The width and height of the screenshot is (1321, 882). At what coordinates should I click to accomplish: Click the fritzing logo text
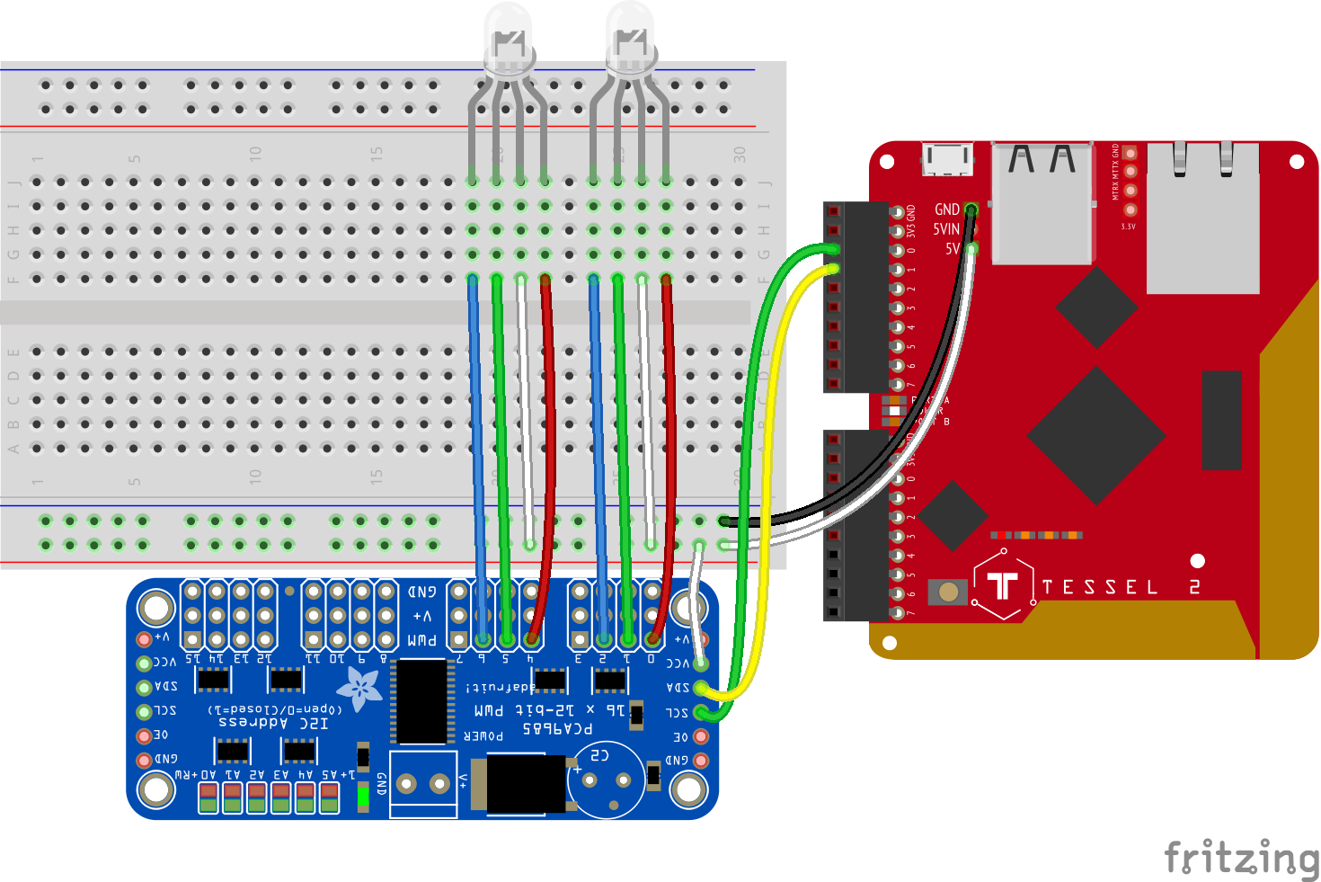pos(1240,857)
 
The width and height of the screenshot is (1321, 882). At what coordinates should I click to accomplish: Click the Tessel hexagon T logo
pos(1003,585)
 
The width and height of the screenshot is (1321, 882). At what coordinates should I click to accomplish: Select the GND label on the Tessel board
pos(946,209)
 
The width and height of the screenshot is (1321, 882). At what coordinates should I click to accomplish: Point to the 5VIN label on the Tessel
pos(945,229)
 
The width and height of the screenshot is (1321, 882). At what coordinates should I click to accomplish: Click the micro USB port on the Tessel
pos(947,160)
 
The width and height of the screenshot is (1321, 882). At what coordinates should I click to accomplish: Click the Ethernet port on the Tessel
pos(1202,216)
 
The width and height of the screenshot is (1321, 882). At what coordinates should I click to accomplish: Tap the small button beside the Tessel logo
pos(948,592)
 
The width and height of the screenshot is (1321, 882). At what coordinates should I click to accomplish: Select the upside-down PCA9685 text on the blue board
pos(557,727)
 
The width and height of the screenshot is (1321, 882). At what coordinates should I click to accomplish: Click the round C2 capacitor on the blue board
pos(606,779)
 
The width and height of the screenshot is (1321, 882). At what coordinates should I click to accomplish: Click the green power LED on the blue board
pos(363,796)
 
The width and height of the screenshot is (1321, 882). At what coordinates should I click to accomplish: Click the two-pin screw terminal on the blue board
pos(423,784)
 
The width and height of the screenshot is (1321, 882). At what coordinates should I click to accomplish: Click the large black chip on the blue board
pos(421,701)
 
